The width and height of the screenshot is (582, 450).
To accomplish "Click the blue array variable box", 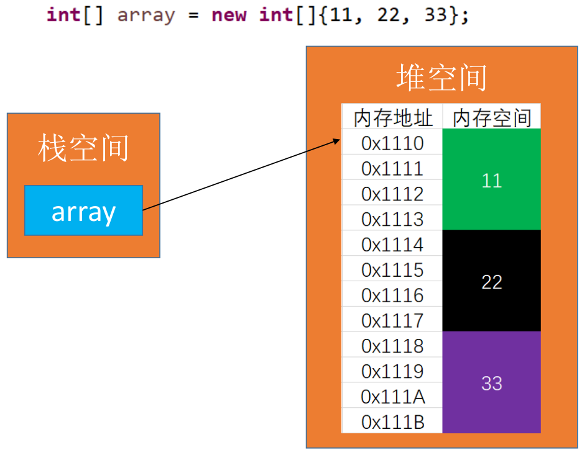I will click(x=83, y=210).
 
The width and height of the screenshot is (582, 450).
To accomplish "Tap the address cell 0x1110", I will click(x=392, y=143).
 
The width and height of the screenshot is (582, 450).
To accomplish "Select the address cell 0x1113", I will click(x=392, y=219).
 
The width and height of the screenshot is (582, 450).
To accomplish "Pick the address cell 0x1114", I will click(x=392, y=245).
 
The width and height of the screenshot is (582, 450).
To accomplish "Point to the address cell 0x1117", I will click(x=392, y=320).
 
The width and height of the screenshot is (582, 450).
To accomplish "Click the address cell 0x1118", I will click(x=392, y=346).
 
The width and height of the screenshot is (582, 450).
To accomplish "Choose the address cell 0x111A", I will click(x=392, y=396).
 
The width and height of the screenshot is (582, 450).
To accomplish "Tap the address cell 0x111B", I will click(x=392, y=421).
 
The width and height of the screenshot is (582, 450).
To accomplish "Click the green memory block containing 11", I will click(x=491, y=180).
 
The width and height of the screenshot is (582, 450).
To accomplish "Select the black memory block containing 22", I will click(x=491, y=282).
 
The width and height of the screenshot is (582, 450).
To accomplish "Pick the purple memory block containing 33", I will click(x=491, y=383).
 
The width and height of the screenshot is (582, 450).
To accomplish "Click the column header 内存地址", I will click(x=392, y=117).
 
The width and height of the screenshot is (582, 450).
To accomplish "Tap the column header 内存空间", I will click(x=492, y=117).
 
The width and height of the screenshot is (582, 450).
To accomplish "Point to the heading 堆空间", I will click(x=441, y=78).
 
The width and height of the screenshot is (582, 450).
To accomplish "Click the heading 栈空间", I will click(x=83, y=149).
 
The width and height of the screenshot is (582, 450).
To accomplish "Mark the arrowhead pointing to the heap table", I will click(x=338, y=141).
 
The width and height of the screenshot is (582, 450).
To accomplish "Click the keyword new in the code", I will click(x=229, y=15).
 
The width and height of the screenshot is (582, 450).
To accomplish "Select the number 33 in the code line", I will click(x=436, y=15).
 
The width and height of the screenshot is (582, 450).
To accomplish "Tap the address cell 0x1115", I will click(x=392, y=270).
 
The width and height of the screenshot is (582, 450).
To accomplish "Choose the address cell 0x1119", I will click(x=392, y=371).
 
